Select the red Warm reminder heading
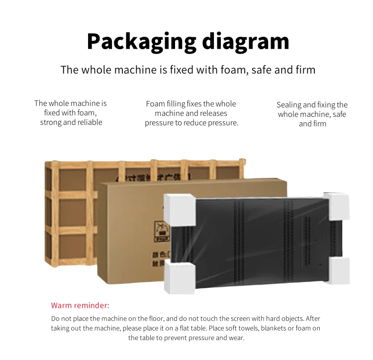(x=80, y=305)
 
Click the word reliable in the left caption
(x=90, y=122)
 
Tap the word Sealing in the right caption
(x=289, y=105)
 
